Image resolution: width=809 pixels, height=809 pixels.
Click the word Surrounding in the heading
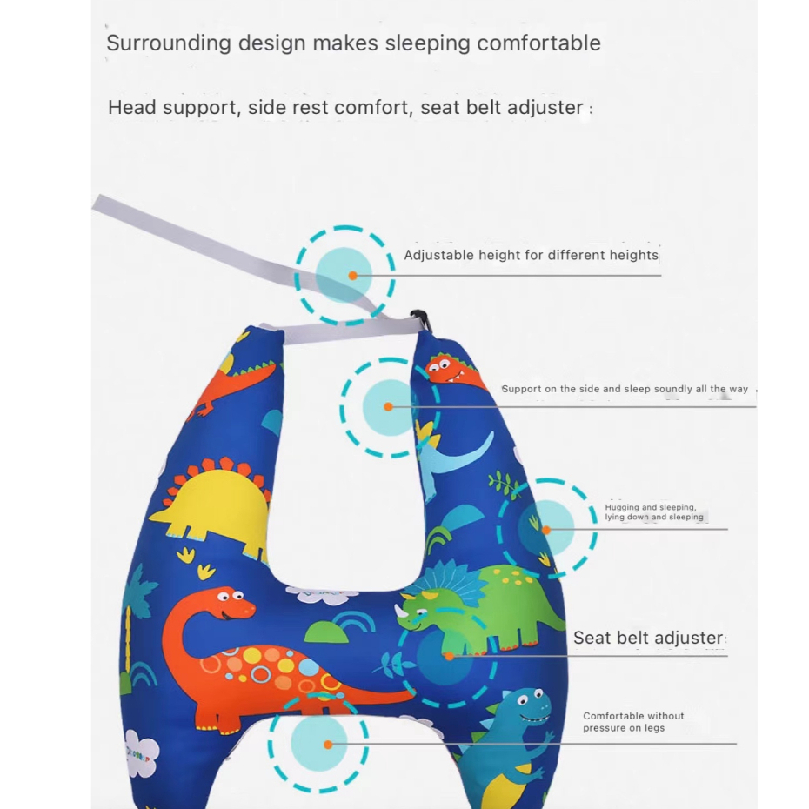pos(169,43)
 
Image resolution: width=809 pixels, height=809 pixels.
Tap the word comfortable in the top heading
pos(538,43)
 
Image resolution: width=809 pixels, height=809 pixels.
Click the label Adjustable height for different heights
pos(531,255)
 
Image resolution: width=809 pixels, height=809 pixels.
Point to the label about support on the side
pos(625,389)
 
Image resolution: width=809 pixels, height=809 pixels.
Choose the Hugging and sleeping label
pos(654,511)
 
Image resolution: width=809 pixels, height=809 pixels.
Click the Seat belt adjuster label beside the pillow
pos(648,638)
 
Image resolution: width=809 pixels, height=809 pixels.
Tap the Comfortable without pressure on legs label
pos(633,722)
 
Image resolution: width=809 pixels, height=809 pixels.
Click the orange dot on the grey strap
pos(353,276)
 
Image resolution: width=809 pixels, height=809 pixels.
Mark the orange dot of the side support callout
pos(389,406)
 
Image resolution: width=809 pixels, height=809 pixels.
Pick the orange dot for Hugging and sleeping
pos(546,530)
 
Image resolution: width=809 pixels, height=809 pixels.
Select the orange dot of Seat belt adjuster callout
pos(450,656)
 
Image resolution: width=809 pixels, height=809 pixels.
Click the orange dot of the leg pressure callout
pos(328,745)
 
